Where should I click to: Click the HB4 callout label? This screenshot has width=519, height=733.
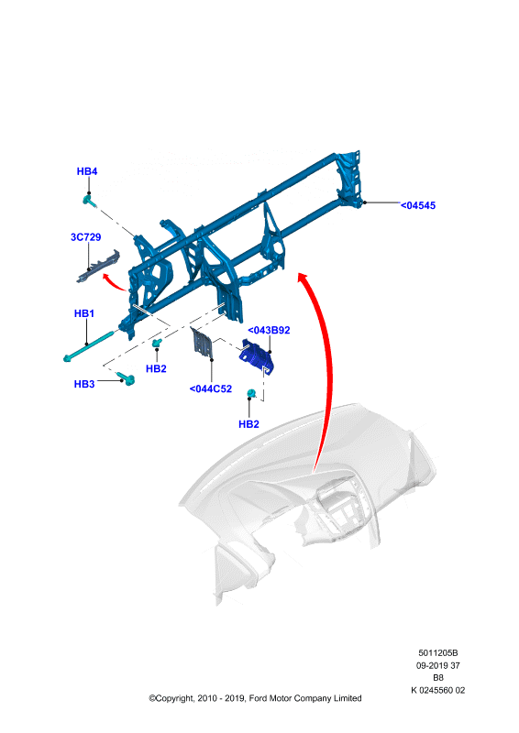86,171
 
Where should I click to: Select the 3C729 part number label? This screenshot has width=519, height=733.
85,237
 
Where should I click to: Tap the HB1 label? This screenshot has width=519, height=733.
84,313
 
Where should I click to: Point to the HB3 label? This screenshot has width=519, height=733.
84,384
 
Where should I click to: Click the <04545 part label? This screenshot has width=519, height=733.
418,205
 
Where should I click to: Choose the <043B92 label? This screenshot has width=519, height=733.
269,330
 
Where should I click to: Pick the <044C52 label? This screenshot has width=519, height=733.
211,388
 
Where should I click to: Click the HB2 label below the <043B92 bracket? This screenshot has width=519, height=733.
248,424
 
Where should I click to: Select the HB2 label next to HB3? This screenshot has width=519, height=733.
156,369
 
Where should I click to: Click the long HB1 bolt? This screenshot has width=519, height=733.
89,346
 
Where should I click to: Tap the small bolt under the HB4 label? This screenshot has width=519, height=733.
89,201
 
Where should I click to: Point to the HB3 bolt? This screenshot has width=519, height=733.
126,377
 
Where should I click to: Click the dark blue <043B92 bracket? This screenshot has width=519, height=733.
256,356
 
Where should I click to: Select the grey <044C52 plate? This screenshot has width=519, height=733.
202,343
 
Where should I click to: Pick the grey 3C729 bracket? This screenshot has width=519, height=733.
98,267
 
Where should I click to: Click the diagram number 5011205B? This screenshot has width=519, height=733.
438,652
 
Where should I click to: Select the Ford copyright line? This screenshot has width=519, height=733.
255,698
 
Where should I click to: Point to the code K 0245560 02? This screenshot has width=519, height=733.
438,690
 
